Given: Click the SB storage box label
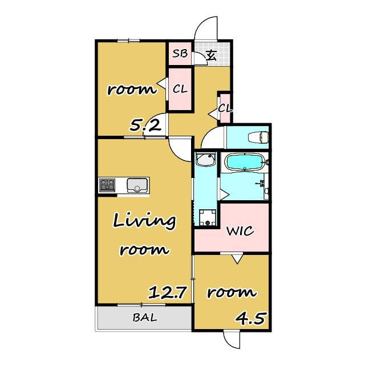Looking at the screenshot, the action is click(x=180, y=54).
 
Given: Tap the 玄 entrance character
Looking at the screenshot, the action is click(x=212, y=55).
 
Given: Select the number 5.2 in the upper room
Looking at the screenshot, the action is click(x=145, y=125).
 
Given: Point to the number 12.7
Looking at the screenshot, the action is click(x=167, y=293).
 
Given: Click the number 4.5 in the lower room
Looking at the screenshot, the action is click(x=250, y=318).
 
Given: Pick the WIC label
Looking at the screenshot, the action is click(x=240, y=231).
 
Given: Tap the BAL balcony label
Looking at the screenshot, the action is click(x=144, y=317).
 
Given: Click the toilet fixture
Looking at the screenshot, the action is click(x=258, y=137).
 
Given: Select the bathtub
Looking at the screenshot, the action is click(x=245, y=162).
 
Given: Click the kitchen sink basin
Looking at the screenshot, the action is click(x=137, y=185).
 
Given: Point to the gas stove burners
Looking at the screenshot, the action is click(x=107, y=185).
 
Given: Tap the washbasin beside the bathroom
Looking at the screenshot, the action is click(x=205, y=159).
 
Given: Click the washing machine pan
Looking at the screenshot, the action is click(x=208, y=217).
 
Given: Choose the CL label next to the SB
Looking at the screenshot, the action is click(x=180, y=89).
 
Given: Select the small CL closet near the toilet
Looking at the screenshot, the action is click(x=225, y=108).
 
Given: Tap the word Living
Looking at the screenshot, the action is click(x=144, y=221).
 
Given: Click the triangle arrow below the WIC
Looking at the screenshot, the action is click(x=237, y=259).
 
